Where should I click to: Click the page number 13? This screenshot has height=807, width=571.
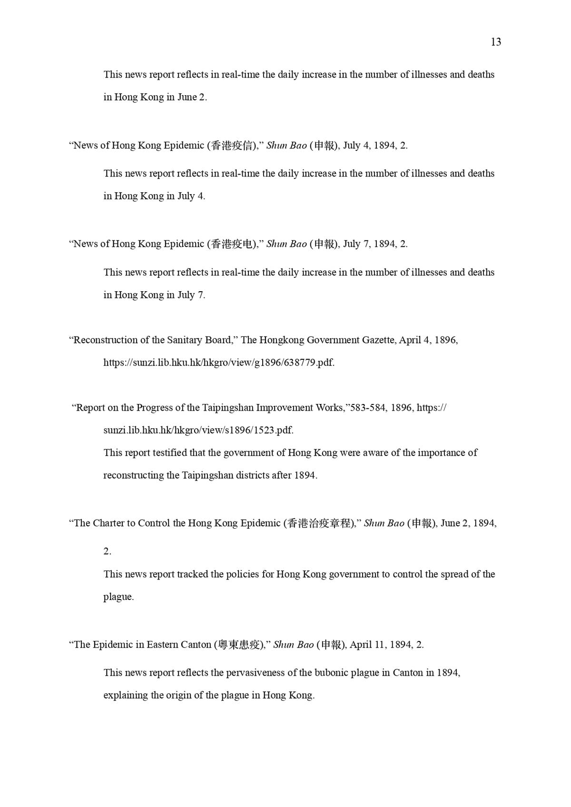(495, 42)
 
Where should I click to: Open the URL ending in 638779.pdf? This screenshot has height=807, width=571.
(219, 363)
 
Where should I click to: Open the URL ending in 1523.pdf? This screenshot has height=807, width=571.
(198, 430)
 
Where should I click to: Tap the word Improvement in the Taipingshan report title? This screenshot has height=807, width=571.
(283, 408)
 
